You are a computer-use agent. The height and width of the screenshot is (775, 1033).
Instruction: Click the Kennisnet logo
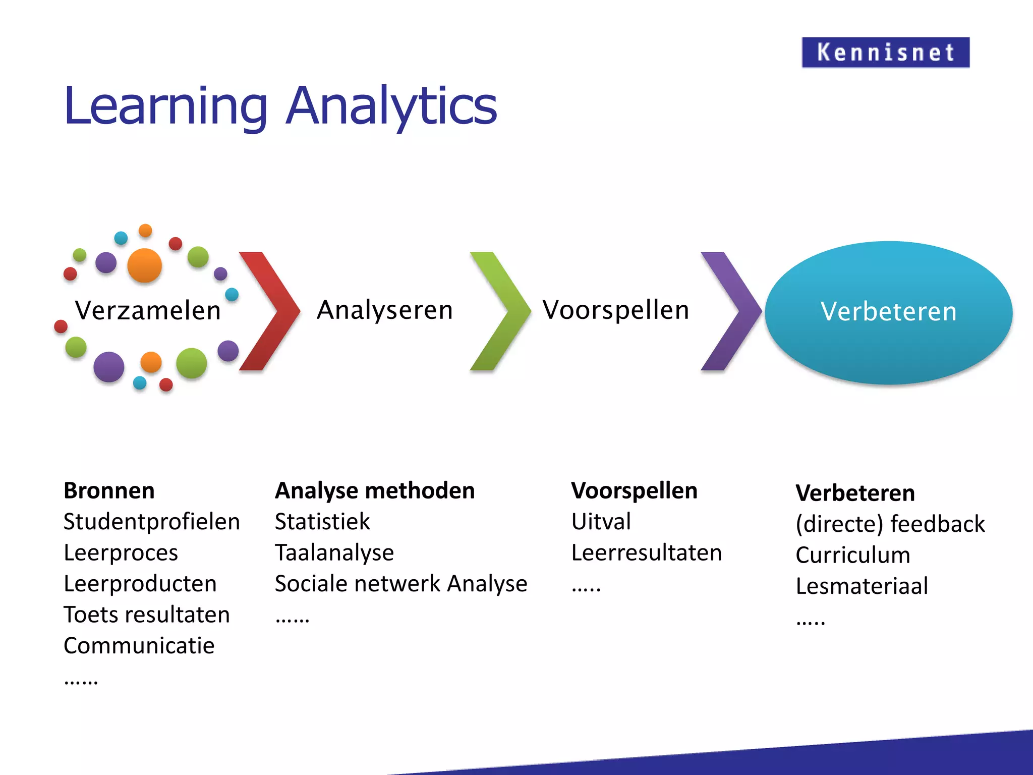coord(885,52)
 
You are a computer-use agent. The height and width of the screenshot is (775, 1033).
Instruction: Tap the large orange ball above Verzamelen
coord(145,265)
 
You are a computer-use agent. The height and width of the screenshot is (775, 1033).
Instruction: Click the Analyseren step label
coord(385,310)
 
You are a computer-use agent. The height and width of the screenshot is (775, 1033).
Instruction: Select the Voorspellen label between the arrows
coord(616,310)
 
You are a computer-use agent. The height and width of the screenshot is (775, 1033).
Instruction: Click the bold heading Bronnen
coord(109,491)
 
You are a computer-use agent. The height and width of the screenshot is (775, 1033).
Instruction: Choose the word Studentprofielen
coord(151,522)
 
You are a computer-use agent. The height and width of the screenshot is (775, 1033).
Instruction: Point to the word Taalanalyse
coord(334,552)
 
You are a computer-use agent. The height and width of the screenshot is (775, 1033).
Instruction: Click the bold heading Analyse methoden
coord(375,491)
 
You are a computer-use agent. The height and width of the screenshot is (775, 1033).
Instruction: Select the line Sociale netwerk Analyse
coord(401,584)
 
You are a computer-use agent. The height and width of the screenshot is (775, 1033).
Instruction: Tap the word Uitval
coord(601,522)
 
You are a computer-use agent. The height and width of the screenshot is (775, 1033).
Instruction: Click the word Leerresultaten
coord(646,552)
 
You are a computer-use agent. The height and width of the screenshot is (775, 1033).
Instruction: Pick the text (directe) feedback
coord(890,524)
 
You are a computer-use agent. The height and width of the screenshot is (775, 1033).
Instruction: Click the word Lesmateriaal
coord(862,586)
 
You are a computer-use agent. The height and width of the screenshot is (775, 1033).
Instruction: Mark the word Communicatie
coord(139,646)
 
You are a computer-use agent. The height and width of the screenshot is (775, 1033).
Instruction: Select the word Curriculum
coord(853,555)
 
